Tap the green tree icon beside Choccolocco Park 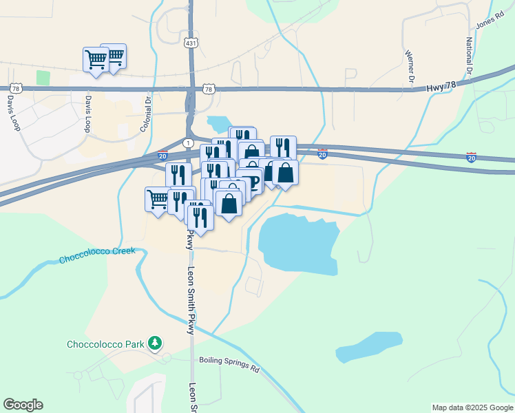click(x=156, y=343)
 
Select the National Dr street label click(x=469, y=56)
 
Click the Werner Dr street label click(x=410, y=65)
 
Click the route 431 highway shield click(x=191, y=43)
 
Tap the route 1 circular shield click(x=187, y=142)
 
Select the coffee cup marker click(x=251, y=181)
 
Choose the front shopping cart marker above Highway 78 click(x=96, y=59)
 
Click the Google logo click(x=23, y=405)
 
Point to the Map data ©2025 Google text click(x=472, y=407)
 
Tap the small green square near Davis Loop click(x=43, y=77)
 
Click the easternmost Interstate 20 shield click(x=471, y=158)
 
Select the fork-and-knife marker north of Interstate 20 click(x=283, y=147)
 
